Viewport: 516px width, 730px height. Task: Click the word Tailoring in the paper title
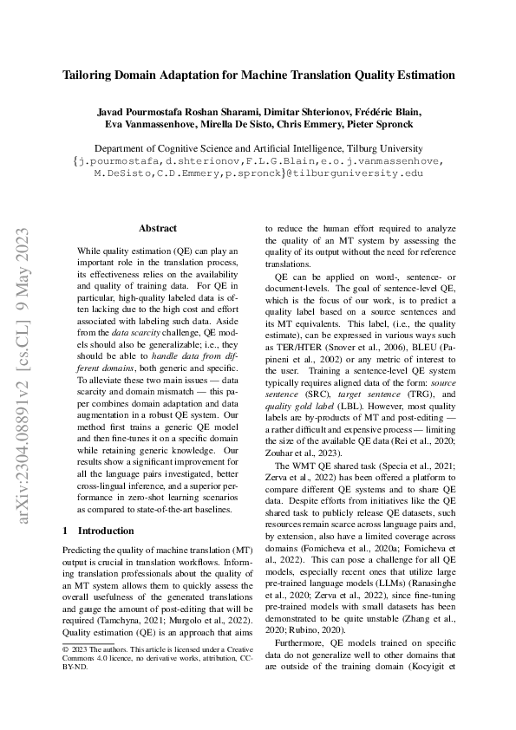(91, 75)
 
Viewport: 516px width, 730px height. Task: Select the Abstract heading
(158, 229)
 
